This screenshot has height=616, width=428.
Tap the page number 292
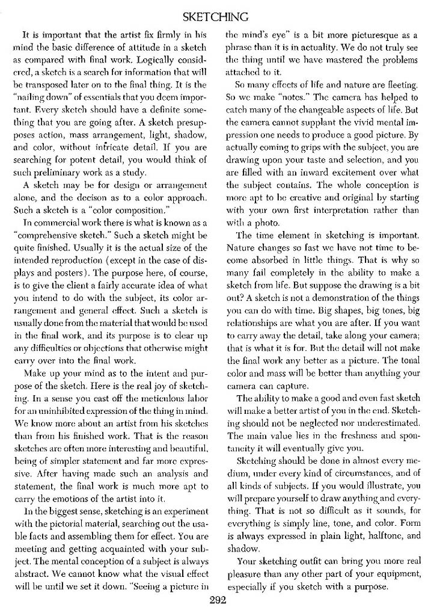click(215, 600)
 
